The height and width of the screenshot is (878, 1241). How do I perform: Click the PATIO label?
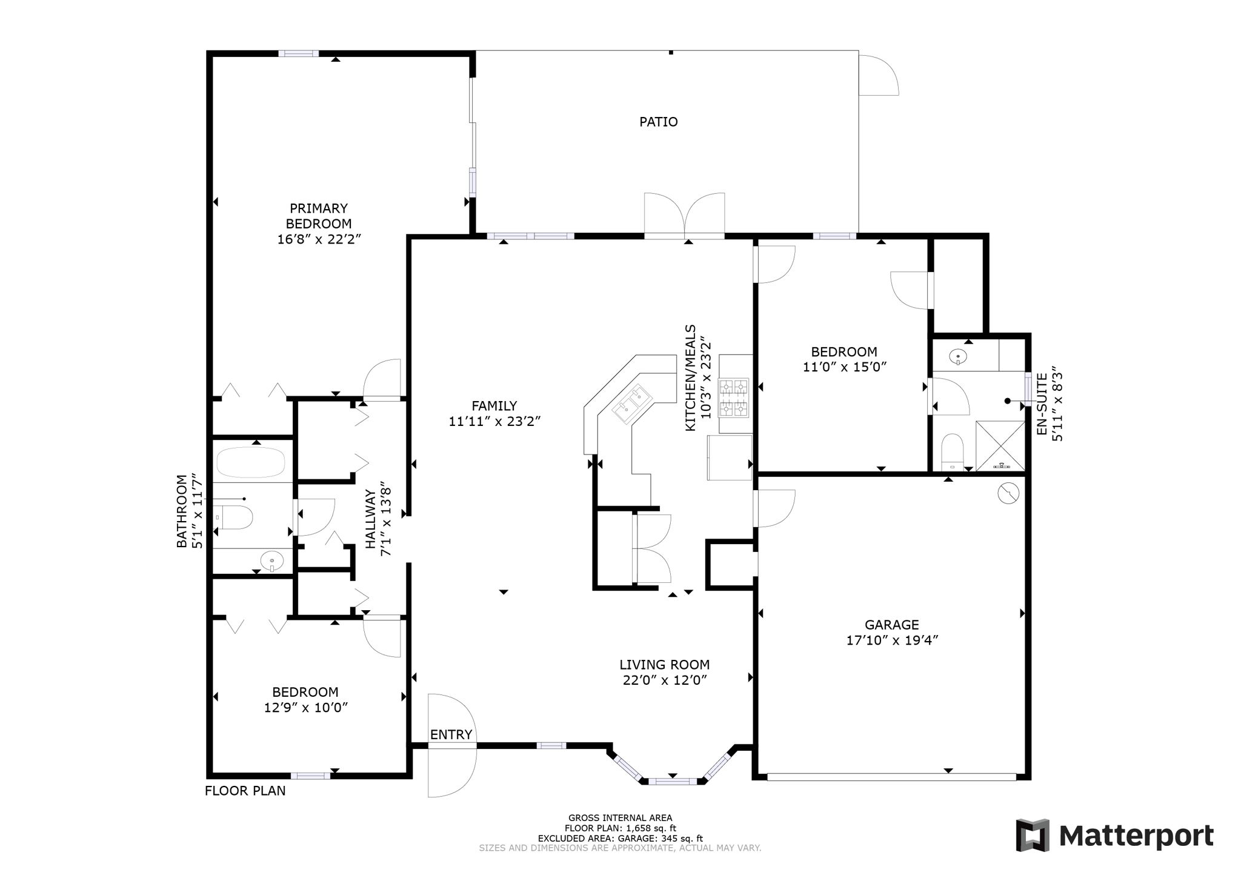tap(658, 122)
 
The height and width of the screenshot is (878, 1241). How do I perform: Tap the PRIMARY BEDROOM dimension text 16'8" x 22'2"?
tap(319, 239)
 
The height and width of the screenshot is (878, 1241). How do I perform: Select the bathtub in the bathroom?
tap(251, 462)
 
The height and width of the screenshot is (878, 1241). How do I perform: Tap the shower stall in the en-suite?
tap(1000, 445)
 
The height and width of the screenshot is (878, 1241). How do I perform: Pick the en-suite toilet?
tap(953, 452)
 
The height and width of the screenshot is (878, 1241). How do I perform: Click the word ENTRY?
tap(451, 734)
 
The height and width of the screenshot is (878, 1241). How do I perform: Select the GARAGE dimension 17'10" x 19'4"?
tap(892, 640)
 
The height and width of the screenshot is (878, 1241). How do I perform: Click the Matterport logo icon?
tap(1033, 836)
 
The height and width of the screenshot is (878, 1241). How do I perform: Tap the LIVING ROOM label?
tap(664, 665)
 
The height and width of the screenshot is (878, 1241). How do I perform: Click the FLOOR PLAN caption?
tap(245, 791)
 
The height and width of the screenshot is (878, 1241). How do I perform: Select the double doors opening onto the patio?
tap(684, 216)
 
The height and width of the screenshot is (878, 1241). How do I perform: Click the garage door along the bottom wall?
tap(891, 776)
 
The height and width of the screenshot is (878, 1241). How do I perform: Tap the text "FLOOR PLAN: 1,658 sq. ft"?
tap(620, 828)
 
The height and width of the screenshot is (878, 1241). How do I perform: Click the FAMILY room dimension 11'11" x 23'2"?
tap(494, 421)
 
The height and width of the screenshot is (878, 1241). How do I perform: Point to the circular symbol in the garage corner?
tap(1008, 493)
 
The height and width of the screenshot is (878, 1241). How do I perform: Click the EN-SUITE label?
tap(1042, 404)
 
